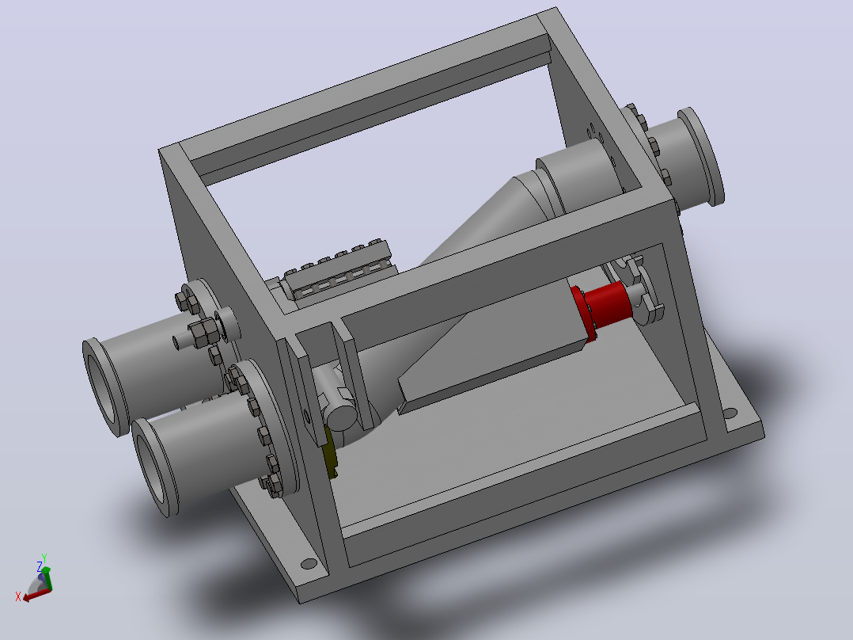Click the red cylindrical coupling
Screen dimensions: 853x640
point(607,304)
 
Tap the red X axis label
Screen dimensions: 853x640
point(18,597)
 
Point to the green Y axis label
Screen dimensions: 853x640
point(44,558)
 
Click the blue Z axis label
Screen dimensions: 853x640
point(40,567)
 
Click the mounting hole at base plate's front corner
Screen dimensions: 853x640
point(309,564)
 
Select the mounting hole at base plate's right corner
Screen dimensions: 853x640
point(730,413)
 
